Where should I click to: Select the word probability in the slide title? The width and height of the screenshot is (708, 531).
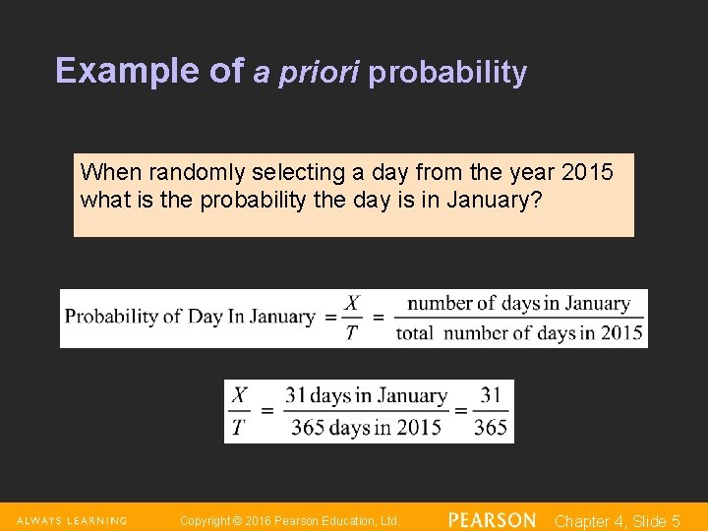[x=447, y=73]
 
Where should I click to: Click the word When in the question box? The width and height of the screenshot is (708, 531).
[x=110, y=173]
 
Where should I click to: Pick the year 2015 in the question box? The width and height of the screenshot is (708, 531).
[x=587, y=173]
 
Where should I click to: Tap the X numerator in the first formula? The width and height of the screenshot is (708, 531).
[x=351, y=303]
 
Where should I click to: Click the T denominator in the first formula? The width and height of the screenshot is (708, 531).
[x=351, y=332]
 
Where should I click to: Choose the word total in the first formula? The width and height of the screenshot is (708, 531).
[x=415, y=333]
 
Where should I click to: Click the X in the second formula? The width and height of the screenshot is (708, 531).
[x=240, y=396]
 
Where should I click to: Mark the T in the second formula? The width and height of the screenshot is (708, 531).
[x=240, y=427]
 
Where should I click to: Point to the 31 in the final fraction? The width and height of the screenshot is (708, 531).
[x=491, y=396]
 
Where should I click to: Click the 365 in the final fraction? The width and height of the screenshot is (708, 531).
[x=491, y=427]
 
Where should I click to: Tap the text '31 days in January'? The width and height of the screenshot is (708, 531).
[x=366, y=396]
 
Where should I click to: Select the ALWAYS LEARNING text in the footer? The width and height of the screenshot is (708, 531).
[x=72, y=520]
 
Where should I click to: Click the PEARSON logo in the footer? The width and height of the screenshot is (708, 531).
[x=492, y=520]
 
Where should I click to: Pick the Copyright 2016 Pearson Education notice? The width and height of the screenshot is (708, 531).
[x=290, y=520]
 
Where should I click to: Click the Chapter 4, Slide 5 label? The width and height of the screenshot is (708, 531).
[x=618, y=521]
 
